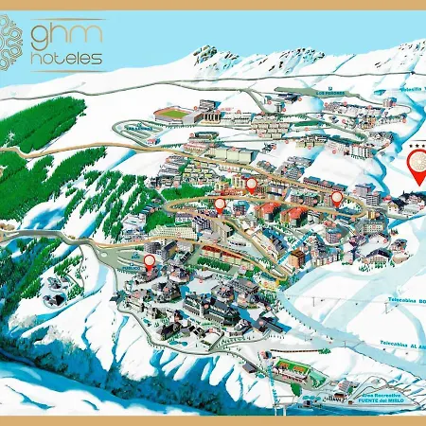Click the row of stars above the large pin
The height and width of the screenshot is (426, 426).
[417, 143]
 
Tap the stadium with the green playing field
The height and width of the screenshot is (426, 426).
[175, 113]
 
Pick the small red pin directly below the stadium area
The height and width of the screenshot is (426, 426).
[251, 185]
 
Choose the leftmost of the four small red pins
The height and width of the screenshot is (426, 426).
[150, 260]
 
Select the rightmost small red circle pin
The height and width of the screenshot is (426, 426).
[337, 198]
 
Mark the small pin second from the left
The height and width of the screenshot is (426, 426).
[220, 203]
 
